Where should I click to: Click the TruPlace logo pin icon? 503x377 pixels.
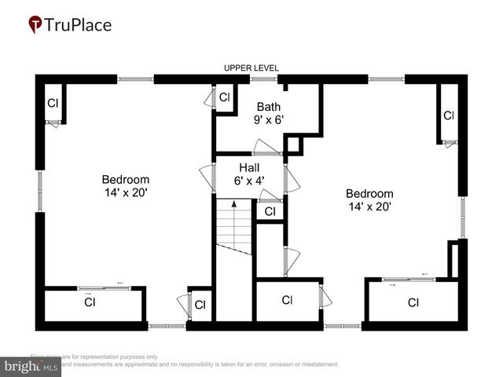coord(35,25)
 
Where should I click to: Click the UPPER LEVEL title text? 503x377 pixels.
coord(251,68)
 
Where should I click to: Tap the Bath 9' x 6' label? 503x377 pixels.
coord(268,113)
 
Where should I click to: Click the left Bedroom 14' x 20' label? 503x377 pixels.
coord(126,185)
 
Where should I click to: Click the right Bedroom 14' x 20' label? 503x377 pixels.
coord(369,200)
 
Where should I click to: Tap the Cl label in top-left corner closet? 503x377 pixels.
coord(53,103)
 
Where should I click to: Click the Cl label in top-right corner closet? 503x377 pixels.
coord(448,115)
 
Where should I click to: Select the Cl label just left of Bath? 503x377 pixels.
coord(224,98)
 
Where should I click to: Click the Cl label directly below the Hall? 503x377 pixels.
coord(270,212)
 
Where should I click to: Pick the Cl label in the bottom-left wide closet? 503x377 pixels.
coord(90,302)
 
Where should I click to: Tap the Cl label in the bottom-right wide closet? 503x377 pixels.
coord(413,302)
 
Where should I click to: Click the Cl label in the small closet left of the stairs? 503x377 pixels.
coord(200,305)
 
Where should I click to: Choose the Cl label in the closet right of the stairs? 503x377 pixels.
coord(287,300)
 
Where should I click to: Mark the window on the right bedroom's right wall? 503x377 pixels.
coord(463,217)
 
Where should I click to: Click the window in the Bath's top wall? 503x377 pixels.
coord(262,79)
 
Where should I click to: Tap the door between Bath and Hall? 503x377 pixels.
coord(266,148)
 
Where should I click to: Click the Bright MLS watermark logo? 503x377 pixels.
coord(31,366)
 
